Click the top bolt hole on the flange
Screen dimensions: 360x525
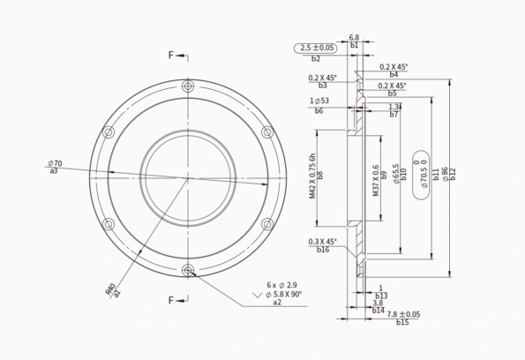point(188,86)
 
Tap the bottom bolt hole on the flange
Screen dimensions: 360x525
point(188,269)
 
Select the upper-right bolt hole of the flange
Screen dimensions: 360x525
point(267,131)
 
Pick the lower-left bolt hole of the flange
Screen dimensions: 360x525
point(109,223)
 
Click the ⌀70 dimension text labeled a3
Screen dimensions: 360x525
point(55,163)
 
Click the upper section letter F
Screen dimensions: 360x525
point(172,55)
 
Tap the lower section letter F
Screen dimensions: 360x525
point(172,300)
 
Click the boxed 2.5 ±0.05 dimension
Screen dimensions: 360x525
point(318,48)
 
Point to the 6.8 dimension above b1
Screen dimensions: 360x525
point(354,38)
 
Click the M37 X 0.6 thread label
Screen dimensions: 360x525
point(375,180)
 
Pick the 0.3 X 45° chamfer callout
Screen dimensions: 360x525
point(322,241)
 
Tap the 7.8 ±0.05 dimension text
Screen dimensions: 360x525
point(403,314)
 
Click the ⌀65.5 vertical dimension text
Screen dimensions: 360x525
point(394,166)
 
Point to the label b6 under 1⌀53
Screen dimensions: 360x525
point(319,111)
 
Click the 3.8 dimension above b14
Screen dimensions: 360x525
point(378,303)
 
